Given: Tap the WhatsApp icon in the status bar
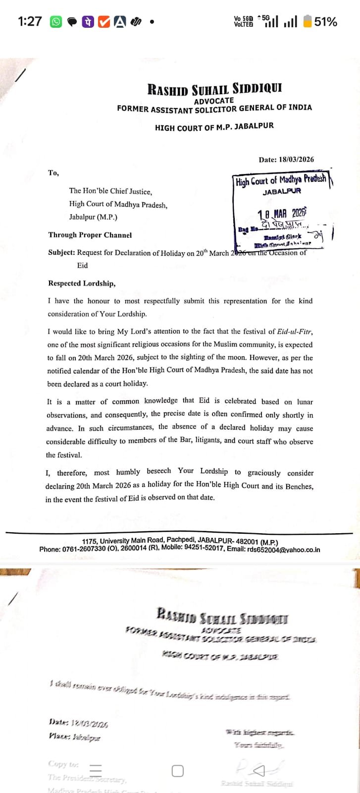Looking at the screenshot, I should point(56,22).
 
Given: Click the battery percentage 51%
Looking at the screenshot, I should point(326,22).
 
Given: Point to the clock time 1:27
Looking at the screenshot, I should point(30,22).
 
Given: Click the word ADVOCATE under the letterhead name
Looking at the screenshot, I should point(214,101).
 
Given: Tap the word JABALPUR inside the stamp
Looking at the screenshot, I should point(282,191).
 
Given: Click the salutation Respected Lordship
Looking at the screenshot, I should point(82,283).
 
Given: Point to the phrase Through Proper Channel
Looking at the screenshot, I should point(90,235).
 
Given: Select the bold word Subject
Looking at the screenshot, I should point(61,252).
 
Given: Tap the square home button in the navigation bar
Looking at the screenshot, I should point(178,771).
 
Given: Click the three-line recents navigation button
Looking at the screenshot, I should point(96,770).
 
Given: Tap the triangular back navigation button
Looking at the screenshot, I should point(259,771).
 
